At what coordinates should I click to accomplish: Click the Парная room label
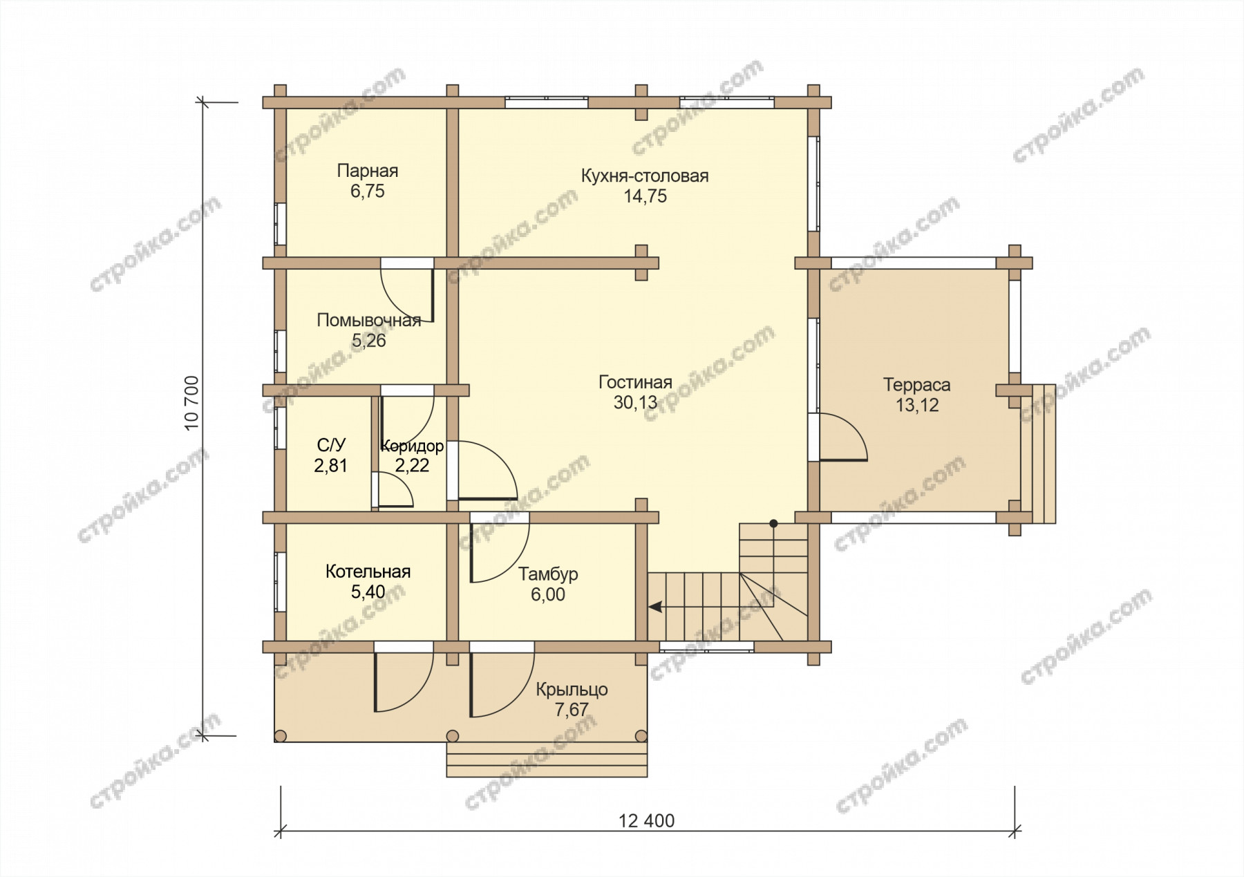tap(367, 171)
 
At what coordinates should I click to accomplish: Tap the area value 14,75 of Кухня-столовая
tap(645, 196)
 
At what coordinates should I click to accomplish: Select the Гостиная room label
tap(635, 382)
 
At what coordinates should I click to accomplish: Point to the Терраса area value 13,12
tap(917, 406)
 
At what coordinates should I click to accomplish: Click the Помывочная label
tap(368, 320)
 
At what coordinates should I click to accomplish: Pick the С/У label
tap(331, 444)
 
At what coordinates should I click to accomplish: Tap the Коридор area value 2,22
tap(412, 466)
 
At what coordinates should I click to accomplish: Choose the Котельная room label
tap(368, 572)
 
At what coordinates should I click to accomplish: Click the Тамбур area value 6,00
tap(548, 594)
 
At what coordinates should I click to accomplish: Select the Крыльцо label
tap(572, 689)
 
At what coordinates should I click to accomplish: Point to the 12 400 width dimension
tap(646, 820)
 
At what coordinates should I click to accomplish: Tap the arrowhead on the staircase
tap(654, 607)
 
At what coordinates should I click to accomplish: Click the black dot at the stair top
tap(774, 523)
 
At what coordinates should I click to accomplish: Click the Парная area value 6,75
tap(367, 191)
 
